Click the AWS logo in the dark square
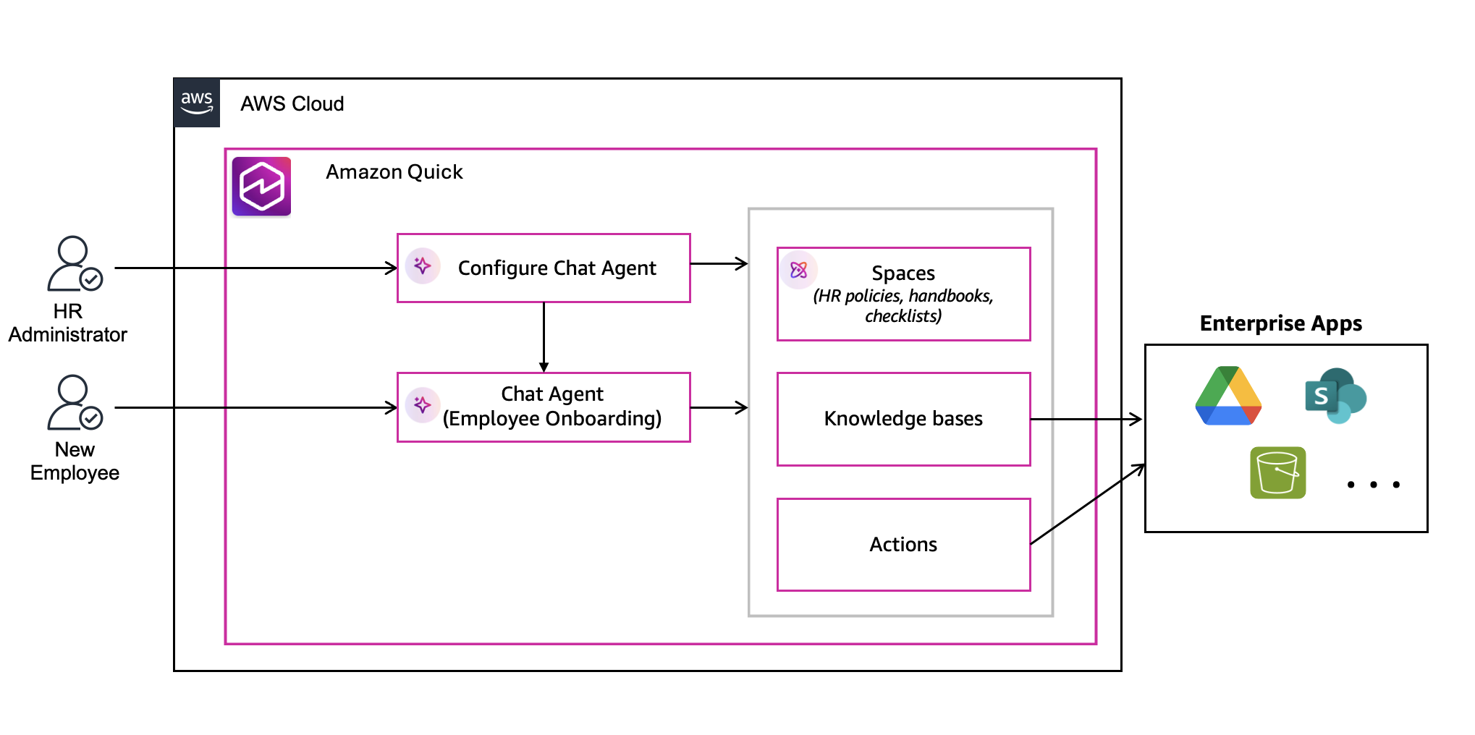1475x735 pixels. click(196, 103)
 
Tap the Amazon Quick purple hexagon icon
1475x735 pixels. click(261, 187)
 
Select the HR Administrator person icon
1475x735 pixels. click(73, 264)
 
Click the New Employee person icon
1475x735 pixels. click(73, 402)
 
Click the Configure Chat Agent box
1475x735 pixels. click(544, 268)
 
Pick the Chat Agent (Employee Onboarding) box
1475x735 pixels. click(544, 407)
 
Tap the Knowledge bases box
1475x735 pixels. click(903, 419)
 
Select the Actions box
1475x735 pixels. click(903, 544)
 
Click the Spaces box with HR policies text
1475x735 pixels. click(903, 294)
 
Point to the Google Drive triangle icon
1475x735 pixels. click(1228, 396)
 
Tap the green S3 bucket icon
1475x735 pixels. click(1277, 472)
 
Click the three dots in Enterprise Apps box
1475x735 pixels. click(1373, 485)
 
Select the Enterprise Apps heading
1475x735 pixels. click(1280, 323)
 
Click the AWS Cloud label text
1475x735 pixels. click(292, 103)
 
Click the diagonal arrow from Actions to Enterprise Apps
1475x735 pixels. click(1087, 504)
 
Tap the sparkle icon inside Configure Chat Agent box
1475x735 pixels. click(423, 266)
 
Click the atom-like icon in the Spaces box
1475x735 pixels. click(798, 270)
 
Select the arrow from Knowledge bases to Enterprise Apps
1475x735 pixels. click(1086, 419)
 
